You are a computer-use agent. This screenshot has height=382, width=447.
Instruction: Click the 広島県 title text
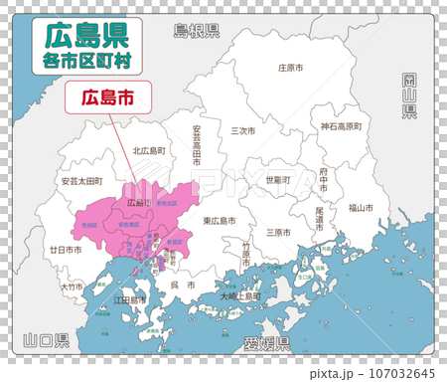(x=84, y=36)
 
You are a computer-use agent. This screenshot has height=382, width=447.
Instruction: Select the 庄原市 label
(x=290, y=69)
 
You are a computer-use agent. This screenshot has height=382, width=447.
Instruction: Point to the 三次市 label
(x=243, y=130)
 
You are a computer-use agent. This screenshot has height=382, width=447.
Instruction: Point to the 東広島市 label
(x=219, y=220)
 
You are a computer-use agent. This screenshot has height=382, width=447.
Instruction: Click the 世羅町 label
(x=277, y=180)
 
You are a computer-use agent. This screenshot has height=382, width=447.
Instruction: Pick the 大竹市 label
(x=71, y=286)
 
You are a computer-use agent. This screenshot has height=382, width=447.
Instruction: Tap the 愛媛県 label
(x=266, y=344)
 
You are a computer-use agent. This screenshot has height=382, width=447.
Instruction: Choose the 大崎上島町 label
(x=241, y=295)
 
